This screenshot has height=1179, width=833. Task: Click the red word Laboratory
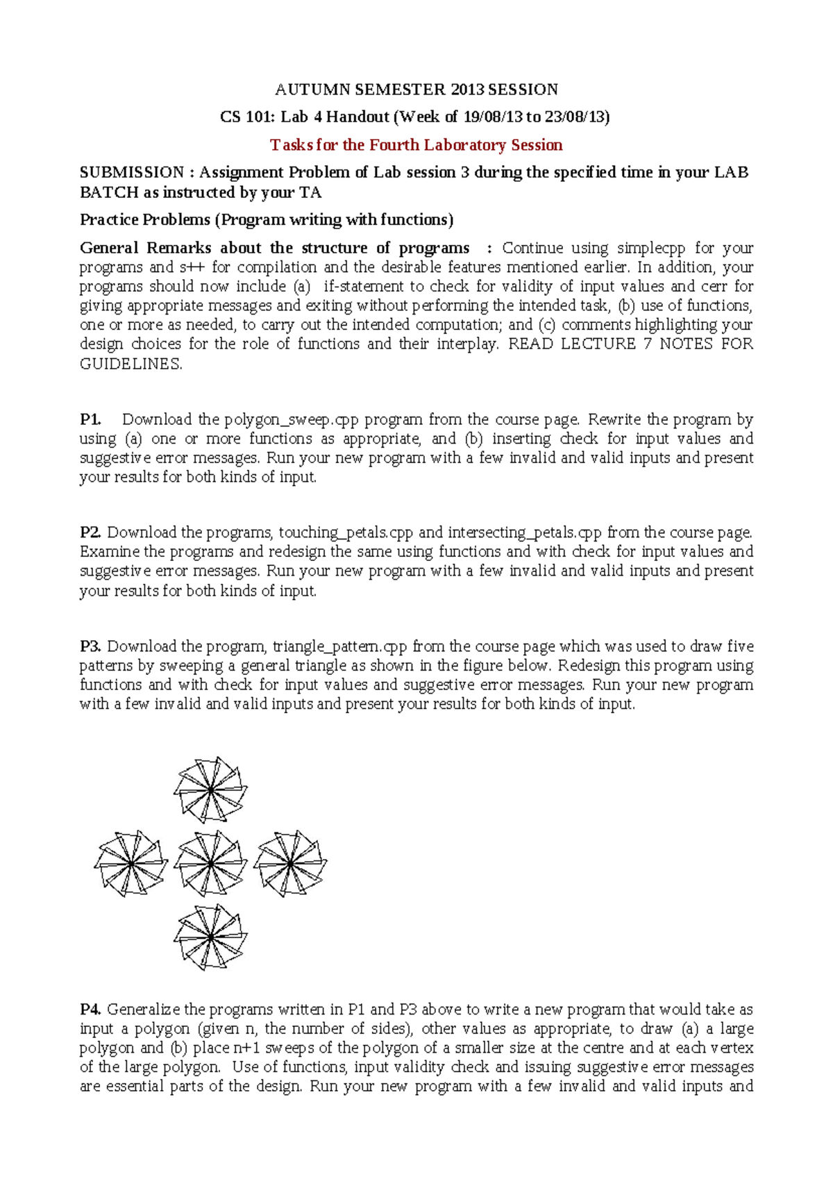(x=464, y=145)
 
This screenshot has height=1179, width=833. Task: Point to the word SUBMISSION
(x=132, y=172)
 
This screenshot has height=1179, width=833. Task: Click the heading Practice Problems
(x=145, y=220)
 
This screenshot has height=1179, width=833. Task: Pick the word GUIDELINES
(x=131, y=363)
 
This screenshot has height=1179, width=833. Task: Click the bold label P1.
(x=90, y=419)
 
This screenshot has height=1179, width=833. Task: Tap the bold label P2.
(x=90, y=533)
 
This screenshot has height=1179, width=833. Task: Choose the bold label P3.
(x=90, y=646)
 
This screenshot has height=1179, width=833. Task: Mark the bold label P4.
(x=90, y=1010)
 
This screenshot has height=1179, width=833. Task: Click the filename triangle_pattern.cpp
(x=339, y=646)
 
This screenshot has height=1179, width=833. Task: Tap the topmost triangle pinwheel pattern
(x=210, y=789)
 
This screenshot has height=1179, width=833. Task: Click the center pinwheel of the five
(x=210, y=863)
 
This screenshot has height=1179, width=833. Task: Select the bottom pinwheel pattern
(x=210, y=937)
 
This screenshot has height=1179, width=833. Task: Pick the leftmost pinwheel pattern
(x=131, y=863)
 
